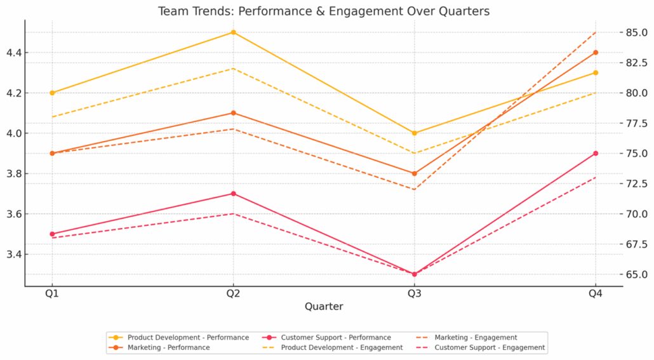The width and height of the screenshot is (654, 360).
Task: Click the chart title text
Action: point(324,11)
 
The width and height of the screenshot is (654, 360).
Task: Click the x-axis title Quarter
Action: point(324,306)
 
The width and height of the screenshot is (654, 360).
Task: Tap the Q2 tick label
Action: point(233,293)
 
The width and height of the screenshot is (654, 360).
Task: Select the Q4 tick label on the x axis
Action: point(595,293)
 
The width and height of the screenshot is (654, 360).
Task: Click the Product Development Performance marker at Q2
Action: point(233,32)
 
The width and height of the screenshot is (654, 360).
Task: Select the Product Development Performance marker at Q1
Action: point(52,93)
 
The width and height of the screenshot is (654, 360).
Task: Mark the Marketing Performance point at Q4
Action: point(595,53)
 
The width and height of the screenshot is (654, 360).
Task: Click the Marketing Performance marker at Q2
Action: point(233,113)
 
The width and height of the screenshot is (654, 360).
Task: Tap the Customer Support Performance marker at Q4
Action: point(595,153)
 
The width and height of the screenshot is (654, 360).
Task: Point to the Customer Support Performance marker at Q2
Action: point(233,194)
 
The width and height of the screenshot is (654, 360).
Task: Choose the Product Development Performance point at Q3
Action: point(414,133)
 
